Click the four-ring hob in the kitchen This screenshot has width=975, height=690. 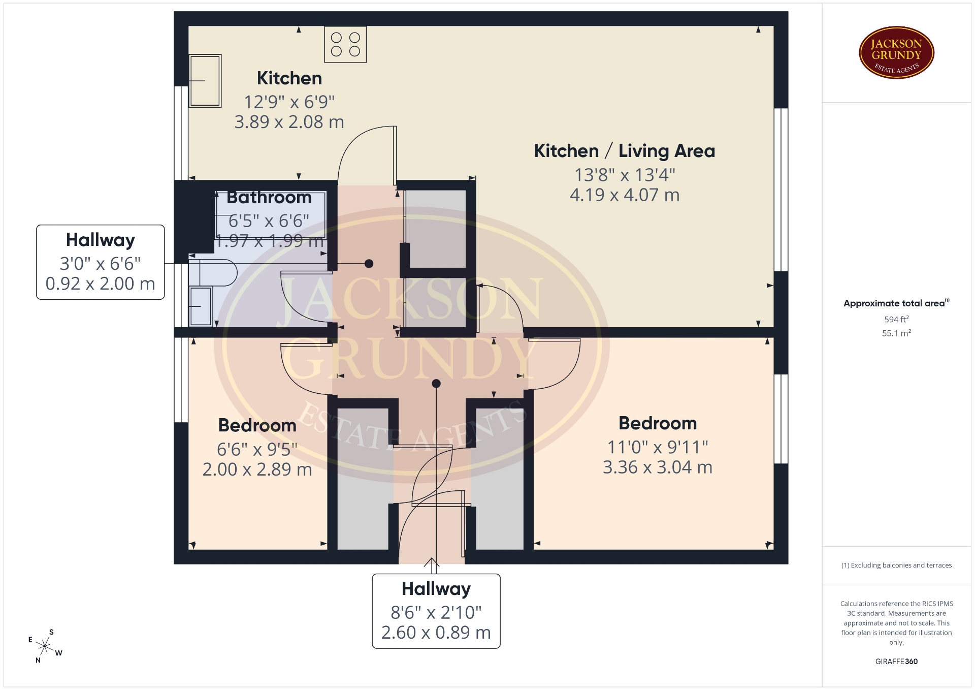click(345, 44)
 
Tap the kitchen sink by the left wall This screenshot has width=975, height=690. click(205, 81)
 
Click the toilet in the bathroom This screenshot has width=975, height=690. click(213, 272)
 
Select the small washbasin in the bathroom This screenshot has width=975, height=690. click(201, 306)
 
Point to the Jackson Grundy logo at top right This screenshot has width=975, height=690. click(896, 53)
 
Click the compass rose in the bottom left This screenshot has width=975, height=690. click(45, 646)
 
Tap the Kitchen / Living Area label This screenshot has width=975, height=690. click(625, 151)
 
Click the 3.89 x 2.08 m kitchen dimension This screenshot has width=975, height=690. click(289, 122)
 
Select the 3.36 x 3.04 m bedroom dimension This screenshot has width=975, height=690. click(658, 467)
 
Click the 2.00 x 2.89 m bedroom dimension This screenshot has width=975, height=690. click(257, 469)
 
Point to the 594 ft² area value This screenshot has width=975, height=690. click(896, 319)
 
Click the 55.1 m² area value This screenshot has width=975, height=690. click(896, 333)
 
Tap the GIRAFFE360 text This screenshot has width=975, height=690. click(896, 662)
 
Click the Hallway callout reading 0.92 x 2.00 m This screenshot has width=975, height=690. click(101, 262)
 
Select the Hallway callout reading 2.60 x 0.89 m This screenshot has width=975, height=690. click(436, 611)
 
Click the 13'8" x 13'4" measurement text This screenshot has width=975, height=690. click(625, 175)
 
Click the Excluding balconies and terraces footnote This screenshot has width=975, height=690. click(896, 565)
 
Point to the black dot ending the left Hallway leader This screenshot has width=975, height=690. click(369, 264)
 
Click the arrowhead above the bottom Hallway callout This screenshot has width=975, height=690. click(432, 561)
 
